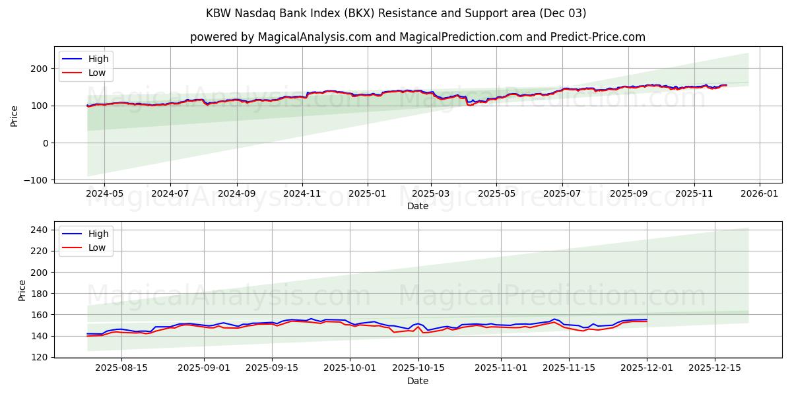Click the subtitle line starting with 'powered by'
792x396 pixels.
coord(417,37)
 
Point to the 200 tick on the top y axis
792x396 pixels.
coord(39,69)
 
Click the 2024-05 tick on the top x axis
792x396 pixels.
coord(104,194)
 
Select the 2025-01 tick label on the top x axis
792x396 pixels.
coord(367,194)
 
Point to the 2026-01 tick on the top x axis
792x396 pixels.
coord(759,194)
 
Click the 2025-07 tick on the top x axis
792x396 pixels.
coord(562,194)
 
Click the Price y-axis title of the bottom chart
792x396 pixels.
coord(22,290)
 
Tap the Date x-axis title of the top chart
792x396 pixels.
coord(417,206)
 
